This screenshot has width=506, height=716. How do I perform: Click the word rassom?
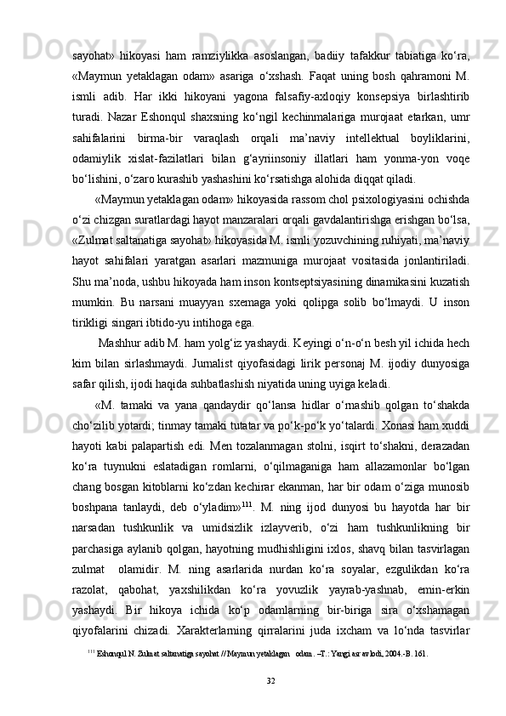(271, 198)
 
